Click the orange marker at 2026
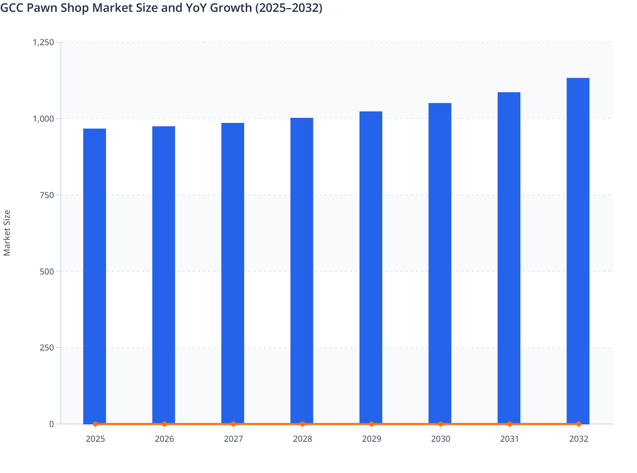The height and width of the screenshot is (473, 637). click(x=164, y=424)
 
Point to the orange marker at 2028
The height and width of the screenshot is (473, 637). click(x=302, y=424)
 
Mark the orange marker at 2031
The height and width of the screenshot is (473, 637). click(x=509, y=424)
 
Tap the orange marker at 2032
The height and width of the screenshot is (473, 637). click(x=579, y=424)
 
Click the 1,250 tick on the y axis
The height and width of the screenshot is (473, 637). click(x=44, y=42)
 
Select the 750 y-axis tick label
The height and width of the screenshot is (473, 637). click(x=47, y=195)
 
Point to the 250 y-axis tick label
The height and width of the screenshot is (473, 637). click(x=47, y=348)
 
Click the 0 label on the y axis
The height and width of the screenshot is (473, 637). click(x=52, y=424)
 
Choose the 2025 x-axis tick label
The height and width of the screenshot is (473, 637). click(x=95, y=439)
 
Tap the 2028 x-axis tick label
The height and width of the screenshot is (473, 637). click(x=302, y=439)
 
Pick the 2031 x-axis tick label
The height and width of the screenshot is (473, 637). click(x=509, y=439)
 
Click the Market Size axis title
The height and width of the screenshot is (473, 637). click(x=7, y=233)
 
